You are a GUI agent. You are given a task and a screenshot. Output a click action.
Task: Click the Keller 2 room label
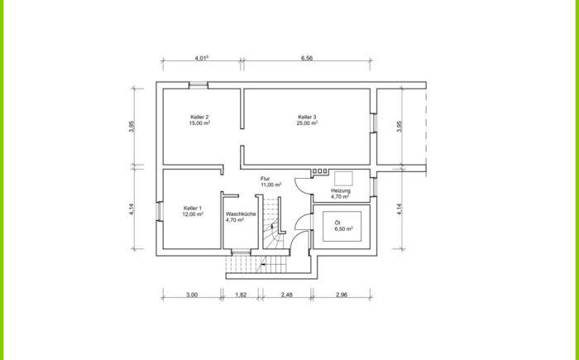coord(200,117)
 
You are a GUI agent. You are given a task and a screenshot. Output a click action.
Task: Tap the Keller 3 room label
coord(307,117)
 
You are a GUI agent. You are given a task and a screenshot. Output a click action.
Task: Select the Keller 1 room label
coord(193,208)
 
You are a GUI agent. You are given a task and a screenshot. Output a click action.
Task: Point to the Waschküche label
coord(241,214)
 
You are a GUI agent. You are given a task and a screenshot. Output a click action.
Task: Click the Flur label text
coord(266,179)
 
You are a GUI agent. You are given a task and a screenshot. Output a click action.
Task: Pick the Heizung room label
coord(341,190)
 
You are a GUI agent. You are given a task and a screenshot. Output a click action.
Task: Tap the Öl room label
coord(337,223)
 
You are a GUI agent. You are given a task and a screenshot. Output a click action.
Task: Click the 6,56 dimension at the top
coord(307,58)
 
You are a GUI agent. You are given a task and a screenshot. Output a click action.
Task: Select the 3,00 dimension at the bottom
coord(192,295)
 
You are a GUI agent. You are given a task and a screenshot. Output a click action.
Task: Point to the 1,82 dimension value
coord(241,295)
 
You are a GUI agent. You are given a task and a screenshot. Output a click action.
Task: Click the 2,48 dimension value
coord(286,295)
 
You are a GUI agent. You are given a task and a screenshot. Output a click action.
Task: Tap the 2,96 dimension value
coord(342,295)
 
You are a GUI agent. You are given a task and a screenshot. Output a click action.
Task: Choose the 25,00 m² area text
coord(307,123)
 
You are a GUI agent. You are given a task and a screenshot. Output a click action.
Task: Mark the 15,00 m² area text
coord(200,123)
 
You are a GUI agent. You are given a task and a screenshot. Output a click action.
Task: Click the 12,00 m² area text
coord(193,214)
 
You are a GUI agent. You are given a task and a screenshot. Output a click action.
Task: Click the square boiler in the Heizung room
coord(343,179)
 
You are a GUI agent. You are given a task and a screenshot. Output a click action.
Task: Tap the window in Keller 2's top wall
coord(199,85)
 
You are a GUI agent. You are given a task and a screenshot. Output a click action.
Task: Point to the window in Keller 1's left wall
coord(159,211)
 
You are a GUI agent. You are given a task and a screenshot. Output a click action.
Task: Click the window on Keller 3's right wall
coord(373,122)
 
